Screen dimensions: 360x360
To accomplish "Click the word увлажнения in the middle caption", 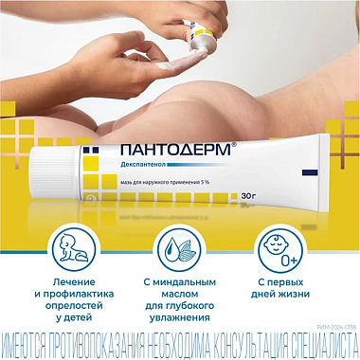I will [x=180, y=321].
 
